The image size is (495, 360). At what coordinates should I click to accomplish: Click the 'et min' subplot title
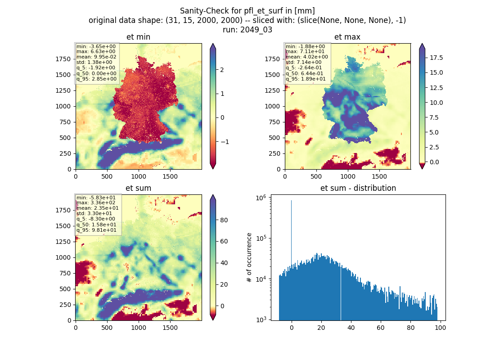click(138, 37)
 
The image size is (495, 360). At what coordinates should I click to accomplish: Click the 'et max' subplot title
click(347, 37)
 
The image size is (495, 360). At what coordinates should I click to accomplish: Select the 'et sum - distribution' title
click(358, 188)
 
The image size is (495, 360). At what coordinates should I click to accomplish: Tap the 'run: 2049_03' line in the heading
click(247, 30)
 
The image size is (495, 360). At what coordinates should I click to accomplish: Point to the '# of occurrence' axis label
click(249, 257)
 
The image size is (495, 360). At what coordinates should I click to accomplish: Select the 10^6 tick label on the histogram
click(261, 198)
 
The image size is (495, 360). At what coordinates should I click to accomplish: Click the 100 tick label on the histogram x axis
click(441, 328)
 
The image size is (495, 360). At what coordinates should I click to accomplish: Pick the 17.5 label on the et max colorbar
click(436, 58)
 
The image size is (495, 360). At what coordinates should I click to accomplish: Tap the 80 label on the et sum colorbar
click(224, 220)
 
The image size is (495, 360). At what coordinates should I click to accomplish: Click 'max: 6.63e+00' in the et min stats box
click(96, 51)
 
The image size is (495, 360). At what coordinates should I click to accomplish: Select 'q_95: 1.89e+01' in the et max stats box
click(306, 79)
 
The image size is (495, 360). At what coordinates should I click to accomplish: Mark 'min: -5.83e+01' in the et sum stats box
click(96, 198)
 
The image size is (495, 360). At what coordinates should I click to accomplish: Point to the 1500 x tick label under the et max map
click(379, 176)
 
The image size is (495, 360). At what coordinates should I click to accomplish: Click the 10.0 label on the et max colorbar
click(436, 103)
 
